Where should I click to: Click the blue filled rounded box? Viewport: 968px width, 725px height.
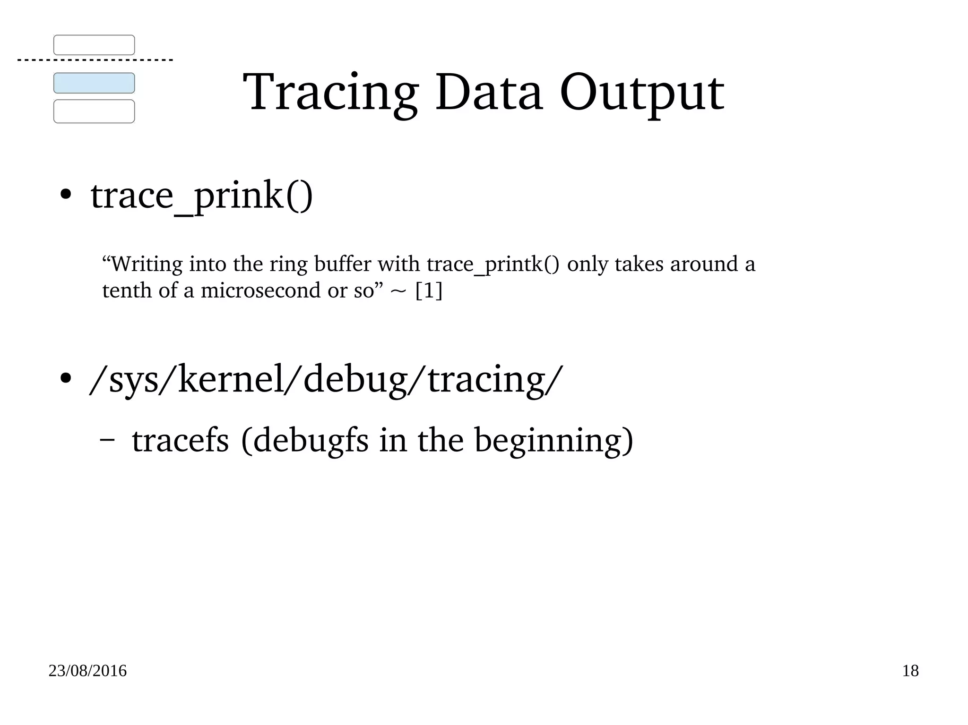[94, 83]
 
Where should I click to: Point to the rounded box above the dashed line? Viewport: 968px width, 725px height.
[94, 45]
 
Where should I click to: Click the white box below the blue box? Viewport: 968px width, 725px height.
[94, 111]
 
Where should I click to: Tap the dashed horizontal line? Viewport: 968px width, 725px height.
[95, 60]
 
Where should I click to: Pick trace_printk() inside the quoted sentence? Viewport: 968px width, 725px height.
[493, 264]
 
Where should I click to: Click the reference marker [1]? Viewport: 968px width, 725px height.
[429, 290]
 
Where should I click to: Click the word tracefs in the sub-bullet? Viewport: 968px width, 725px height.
[180, 440]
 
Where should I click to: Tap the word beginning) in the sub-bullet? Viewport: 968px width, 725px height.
[553, 440]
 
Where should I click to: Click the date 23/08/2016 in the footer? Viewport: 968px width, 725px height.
[87, 671]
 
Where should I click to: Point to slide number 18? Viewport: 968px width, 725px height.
[910, 671]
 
